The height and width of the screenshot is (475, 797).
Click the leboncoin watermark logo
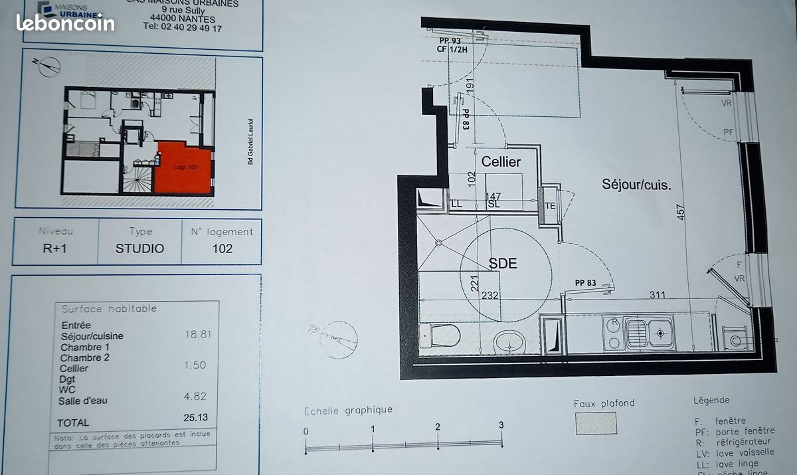tap(65, 23)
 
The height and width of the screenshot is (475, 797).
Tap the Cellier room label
tap(501, 161)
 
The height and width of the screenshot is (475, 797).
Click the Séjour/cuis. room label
tap(636, 185)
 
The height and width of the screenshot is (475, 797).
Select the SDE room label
tap(503, 263)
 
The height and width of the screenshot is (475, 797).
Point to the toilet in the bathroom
tap(444, 335)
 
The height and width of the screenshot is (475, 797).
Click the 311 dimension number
tap(658, 294)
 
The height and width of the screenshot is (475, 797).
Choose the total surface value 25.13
tap(197, 418)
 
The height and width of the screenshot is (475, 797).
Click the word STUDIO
tap(139, 249)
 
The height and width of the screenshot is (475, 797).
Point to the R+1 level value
tap(56, 249)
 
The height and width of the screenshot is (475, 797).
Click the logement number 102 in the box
tap(222, 248)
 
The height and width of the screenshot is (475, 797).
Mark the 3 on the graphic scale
tap(501, 425)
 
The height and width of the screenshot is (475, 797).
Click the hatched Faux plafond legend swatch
tap(595, 423)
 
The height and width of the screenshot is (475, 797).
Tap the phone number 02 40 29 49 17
tap(183, 28)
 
